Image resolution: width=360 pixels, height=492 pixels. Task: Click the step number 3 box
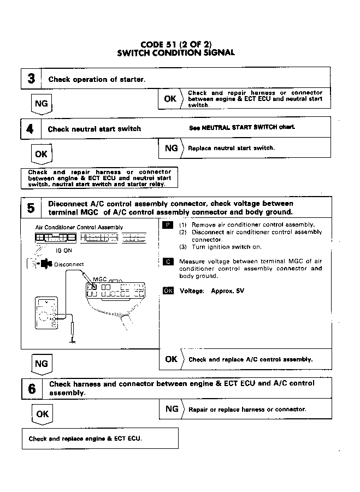pos(32,79)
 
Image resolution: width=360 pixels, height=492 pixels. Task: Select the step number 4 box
pos(31,129)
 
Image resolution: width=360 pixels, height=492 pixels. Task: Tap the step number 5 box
pos(31,208)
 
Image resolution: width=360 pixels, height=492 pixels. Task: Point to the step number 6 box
pos(32,388)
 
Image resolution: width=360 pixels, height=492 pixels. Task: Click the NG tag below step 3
pos(41,104)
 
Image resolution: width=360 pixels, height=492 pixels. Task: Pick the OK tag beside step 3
pos(170,99)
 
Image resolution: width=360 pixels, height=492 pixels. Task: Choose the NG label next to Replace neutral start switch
pos(172,148)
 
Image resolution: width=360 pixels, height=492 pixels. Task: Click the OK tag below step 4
pos(41,154)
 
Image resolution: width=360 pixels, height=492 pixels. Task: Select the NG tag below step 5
pos(41,364)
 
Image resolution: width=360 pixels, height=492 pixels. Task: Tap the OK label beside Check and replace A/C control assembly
pos(172,359)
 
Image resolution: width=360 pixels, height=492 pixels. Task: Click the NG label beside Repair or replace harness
pos(172,408)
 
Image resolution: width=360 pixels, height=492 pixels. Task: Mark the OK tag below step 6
pos(42,414)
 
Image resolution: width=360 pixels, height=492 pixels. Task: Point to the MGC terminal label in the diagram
pos(99,279)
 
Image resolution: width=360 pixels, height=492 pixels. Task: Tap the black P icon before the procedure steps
pos(168,224)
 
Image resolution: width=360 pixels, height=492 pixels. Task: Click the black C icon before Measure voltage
pos(168,261)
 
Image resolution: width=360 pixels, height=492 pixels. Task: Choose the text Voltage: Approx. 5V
pos(211,291)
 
